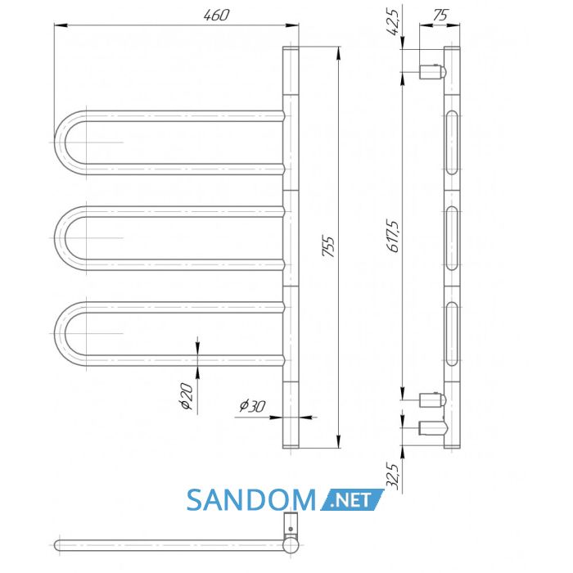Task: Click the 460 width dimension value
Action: [216, 15]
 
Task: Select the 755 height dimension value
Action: [328, 247]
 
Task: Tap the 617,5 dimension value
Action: [395, 236]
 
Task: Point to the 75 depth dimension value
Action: [440, 15]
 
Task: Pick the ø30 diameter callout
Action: [252, 406]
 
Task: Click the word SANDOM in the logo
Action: [251, 500]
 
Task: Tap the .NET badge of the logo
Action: [352, 500]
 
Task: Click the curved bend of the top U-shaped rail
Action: [61, 142]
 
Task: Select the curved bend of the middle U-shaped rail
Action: [61, 238]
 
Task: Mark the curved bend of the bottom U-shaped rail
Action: [61, 334]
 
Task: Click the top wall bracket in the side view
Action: [432, 72]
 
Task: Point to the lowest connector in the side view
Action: [433, 428]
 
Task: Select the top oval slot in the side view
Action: [452, 142]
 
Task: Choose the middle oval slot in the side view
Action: [452, 238]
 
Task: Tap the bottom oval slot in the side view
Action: [452, 334]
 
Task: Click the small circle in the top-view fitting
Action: [291, 529]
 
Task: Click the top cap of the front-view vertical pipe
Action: [291, 48]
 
